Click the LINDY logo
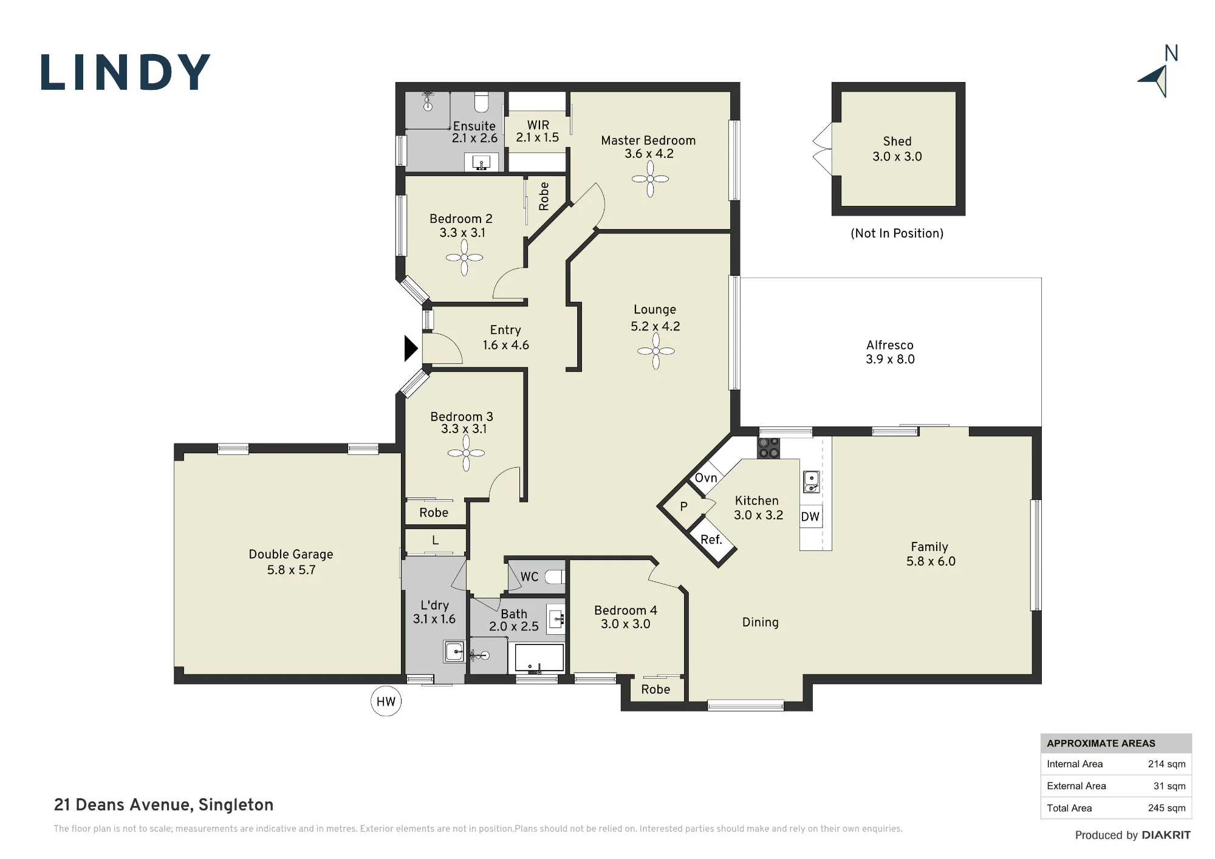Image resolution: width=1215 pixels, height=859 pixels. tap(126, 73)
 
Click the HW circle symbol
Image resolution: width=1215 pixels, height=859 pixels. tap(386, 702)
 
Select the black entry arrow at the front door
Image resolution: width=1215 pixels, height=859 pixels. tap(411, 349)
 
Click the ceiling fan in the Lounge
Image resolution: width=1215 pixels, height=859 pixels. tap(656, 351)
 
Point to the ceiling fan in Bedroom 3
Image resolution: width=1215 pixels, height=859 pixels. tap(466, 453)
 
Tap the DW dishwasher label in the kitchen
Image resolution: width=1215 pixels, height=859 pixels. tap(810, 517)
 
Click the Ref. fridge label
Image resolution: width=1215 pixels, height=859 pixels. tap(711, 539)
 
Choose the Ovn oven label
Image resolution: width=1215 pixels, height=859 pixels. tap(706, 478)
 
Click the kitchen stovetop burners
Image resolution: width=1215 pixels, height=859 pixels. tap(768, 448)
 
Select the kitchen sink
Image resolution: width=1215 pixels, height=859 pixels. tap(812, 482)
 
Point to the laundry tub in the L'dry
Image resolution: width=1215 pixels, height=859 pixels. tap(454, 652)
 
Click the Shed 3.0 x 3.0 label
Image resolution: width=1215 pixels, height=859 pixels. tap(897, 149)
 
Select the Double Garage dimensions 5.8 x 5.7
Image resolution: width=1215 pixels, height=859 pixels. tap(292, 570)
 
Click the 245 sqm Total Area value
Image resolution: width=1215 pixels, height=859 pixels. tap(1166, 808)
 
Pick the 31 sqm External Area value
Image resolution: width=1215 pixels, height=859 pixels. tap(1169, 786)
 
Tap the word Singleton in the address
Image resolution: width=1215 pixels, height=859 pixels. tap(236, 806)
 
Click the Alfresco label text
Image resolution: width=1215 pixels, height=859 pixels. tap(890, 345)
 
